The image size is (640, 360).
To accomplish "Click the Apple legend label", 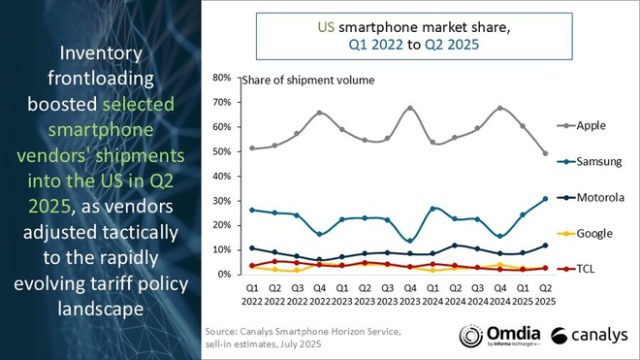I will click(592, 126).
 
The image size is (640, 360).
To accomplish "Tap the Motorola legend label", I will click(597, 198).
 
